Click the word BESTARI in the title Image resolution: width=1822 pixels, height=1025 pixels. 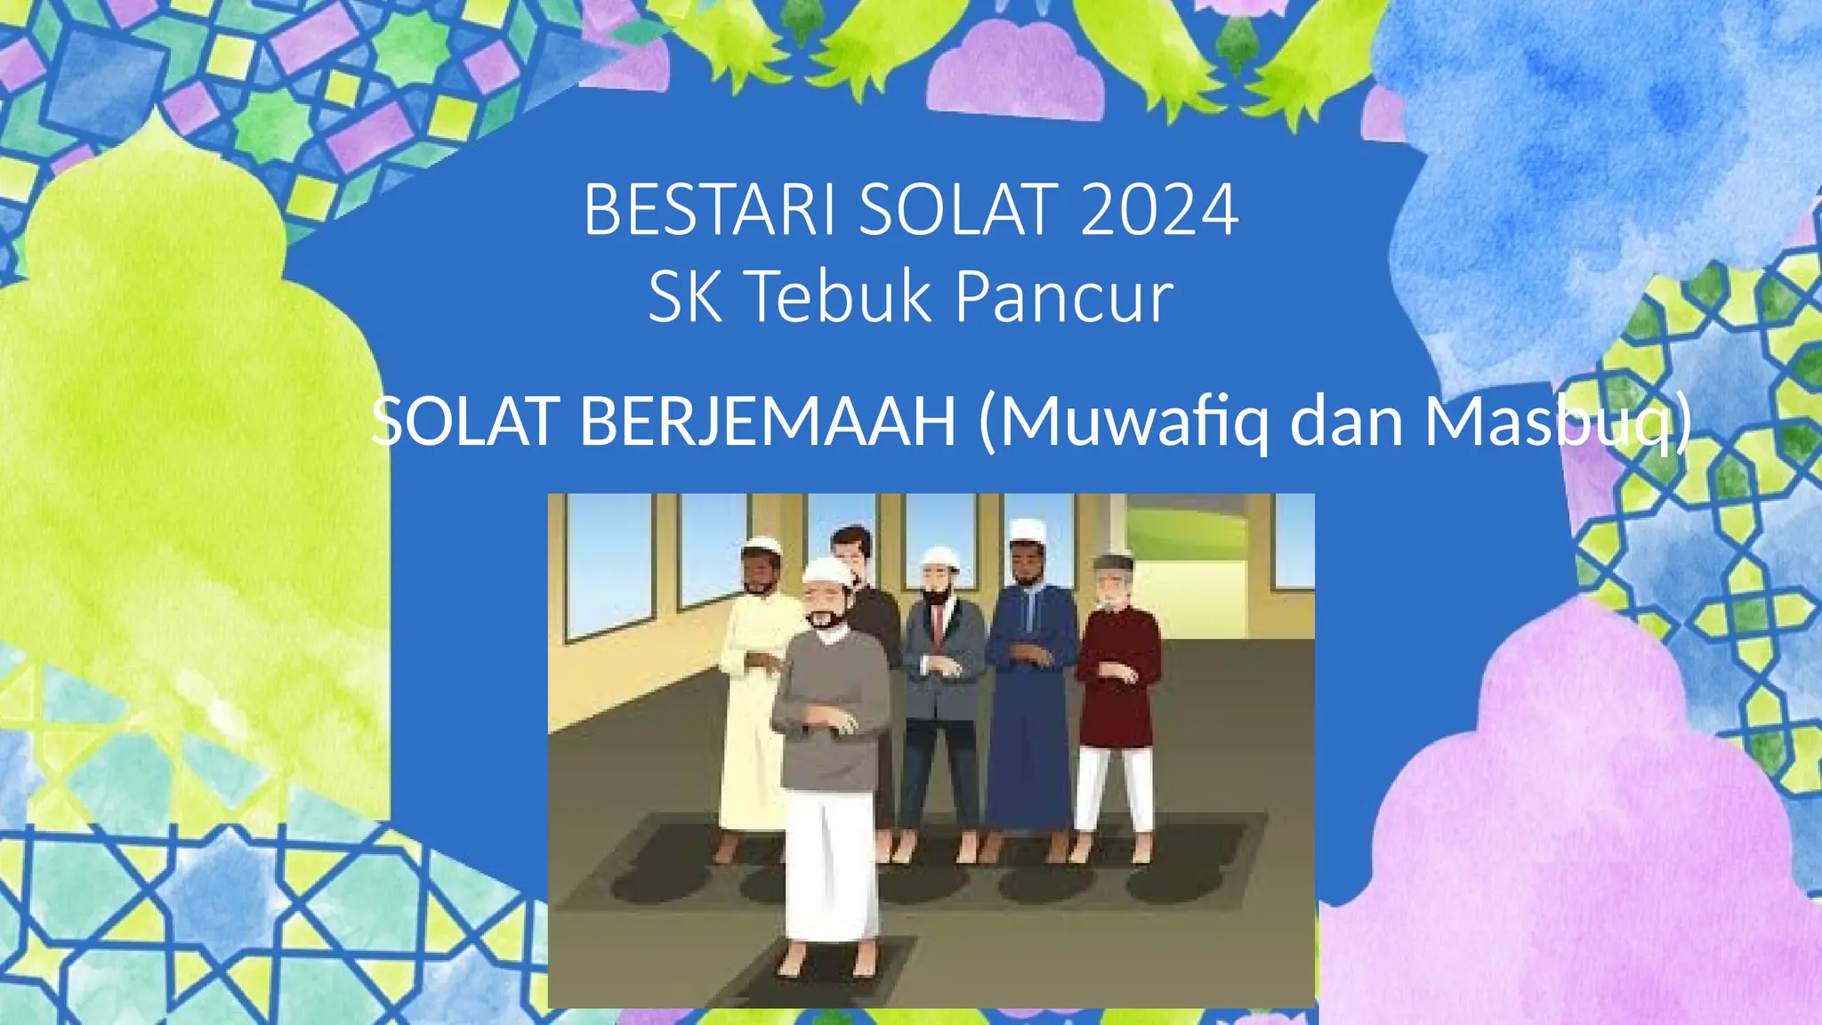(708, 210)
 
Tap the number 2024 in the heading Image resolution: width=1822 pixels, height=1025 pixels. (1159, 210)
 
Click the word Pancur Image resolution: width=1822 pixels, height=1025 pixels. (1064, 297)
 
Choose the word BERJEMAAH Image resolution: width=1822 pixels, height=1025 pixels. (768, 421)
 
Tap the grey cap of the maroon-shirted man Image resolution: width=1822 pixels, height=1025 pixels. (1113, 563)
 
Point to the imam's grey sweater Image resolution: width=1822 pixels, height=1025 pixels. (832, 703)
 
